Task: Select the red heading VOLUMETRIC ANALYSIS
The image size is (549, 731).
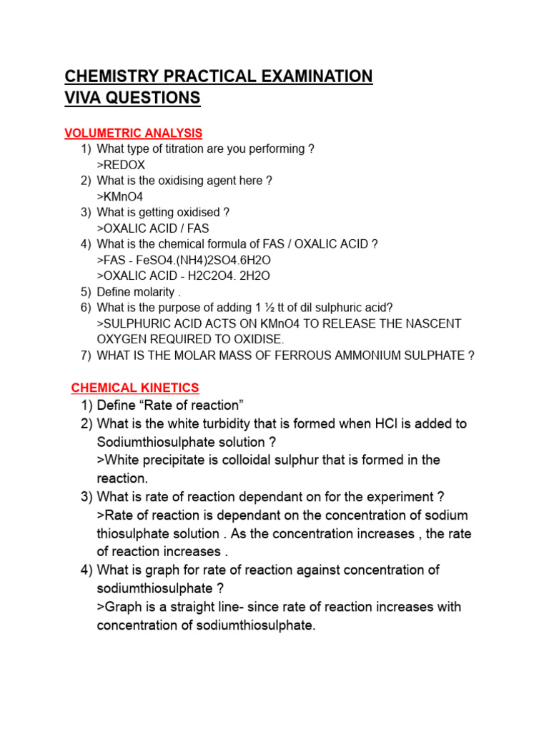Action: pos(134,133)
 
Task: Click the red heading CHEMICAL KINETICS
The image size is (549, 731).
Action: pos(135,388)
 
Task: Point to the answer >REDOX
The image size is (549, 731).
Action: pos(121,165)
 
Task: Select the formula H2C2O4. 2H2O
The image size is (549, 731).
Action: pos(225,276)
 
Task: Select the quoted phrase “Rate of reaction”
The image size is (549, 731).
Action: pos(190,405)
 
